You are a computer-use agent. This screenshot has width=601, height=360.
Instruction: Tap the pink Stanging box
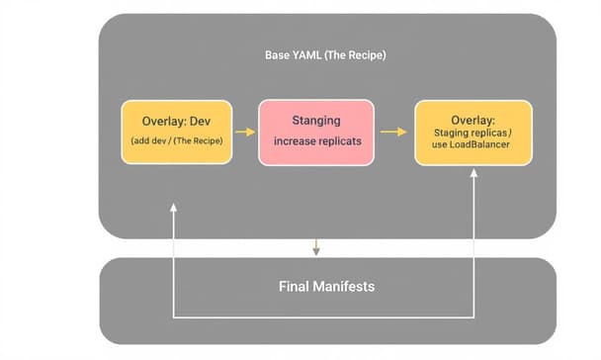coord(316,132)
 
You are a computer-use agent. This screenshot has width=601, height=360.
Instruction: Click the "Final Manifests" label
coord(326,287)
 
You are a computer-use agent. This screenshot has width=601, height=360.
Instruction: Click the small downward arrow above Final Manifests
coord(315,245)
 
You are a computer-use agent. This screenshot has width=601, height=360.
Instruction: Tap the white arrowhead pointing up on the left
coord(173,208)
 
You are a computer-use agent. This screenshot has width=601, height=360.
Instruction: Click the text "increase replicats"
coord(316,142)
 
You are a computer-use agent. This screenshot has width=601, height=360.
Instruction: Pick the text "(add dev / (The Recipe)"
coord(177,141)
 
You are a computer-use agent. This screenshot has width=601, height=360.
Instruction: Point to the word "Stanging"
coord(316,121)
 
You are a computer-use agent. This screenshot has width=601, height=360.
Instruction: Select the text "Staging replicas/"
coord(472,132)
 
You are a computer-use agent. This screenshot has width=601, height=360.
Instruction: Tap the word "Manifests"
coord(346,287)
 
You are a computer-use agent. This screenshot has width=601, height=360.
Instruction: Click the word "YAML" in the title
coord(305,55)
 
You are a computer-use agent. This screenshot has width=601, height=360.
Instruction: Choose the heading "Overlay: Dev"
coord(177,122)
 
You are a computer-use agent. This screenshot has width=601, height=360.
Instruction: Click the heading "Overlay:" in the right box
coord(472,119)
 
